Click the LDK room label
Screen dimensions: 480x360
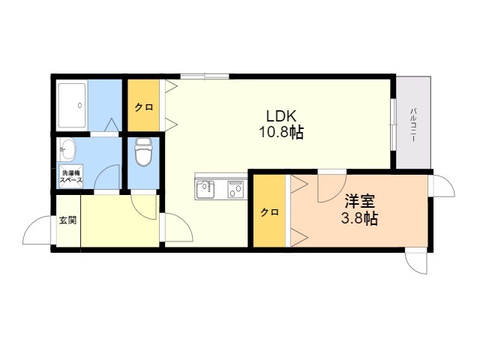click(x=281, y=116)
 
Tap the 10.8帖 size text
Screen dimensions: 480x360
click(x=281, y=133)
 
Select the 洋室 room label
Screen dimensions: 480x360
click(x=360, y=201)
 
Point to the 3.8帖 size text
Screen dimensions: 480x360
click(x=359, y=218)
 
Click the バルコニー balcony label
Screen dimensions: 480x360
click(x=412, y=124)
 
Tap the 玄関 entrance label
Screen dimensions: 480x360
click(x=68, y=220)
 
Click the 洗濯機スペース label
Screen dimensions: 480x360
click(x=71, y=177)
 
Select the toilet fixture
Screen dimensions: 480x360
click(x=143, y=151)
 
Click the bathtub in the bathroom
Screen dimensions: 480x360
click(x=72, y=105)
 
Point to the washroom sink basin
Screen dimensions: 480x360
click(x=67, y=149)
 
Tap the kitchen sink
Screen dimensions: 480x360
click(x=205, y=189)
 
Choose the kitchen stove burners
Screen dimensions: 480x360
click(x=235, y=190)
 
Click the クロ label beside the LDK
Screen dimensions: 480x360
click(x=143, y=107)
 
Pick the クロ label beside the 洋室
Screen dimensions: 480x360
click(x=269, y=212)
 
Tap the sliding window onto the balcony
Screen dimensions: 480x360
click(x=393, y=124)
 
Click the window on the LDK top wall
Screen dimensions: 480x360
click(x=205, y=76)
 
